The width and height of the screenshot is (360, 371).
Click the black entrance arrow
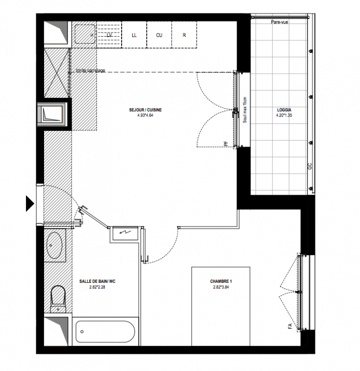click(29, 204)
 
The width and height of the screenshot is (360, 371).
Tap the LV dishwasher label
click(109, 35)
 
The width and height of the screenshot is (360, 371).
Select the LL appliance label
click(134, 35)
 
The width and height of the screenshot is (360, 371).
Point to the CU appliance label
click(159, 35)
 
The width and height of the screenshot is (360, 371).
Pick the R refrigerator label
click(184, 35)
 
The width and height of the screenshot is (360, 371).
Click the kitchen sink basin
click(85, 34)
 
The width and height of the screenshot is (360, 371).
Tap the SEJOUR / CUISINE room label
click(145, 110)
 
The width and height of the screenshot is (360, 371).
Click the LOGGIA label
click(284, 110)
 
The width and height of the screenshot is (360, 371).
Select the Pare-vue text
click(279, 22)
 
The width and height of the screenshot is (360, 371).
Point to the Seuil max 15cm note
click(245, 110)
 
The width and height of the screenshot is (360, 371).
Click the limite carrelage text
click(90, 70)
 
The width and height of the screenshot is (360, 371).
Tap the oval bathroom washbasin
click(54, 245)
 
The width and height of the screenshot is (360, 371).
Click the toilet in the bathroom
click(58, 299)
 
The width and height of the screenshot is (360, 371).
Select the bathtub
click(105, 332)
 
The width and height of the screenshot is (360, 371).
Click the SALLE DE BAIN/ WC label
click(97, 281)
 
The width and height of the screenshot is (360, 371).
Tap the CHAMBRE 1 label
click(221, 281)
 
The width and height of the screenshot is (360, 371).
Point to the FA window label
click(290, 326)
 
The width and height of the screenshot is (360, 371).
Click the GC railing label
click(310, 166)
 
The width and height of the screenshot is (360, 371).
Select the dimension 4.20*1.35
click(284, 115)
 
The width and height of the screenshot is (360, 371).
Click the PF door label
click(226, 143)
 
